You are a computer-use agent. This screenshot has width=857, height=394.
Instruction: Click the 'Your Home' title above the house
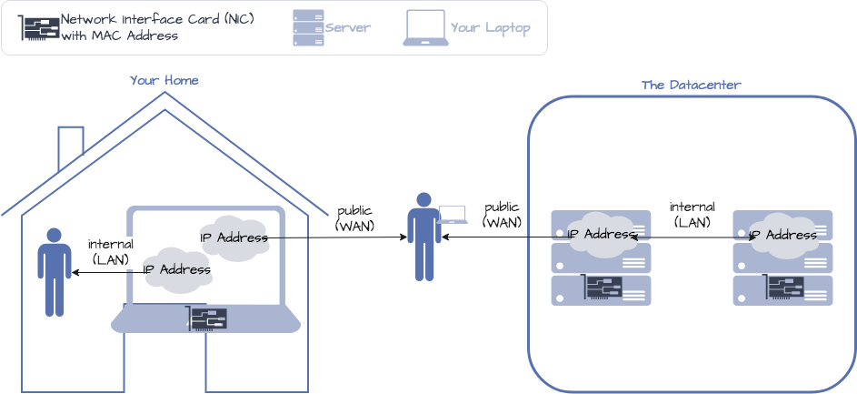click(x=164, y=80)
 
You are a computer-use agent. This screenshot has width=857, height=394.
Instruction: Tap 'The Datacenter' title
click(x=691, y=86)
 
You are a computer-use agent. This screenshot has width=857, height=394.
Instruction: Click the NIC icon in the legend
click(x=39, y=28)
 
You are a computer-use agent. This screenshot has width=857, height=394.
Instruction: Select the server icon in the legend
click(x=308, y=27)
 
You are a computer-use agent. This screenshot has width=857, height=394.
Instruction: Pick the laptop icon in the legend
click(x=425, y=28)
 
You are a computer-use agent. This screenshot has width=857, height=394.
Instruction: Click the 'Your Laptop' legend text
click(x=490, y=28)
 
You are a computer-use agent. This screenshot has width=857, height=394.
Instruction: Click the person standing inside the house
click(x=54, y=271)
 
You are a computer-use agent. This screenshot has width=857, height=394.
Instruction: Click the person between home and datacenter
click(x=424, y=237)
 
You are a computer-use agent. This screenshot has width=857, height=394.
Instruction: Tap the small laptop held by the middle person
click(x=452, y=215)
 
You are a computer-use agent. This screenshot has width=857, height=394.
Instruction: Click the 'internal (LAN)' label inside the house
click(x=111, y=251)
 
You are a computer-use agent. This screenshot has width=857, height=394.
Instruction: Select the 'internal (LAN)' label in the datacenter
click(x=692, y=214)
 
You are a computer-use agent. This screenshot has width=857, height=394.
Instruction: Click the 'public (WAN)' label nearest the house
click(x=354, y=217)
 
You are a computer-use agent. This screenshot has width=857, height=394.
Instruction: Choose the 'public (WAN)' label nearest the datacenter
click(x=502, y=215)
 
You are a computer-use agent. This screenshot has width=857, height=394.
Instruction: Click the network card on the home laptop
click(x=207, y=318)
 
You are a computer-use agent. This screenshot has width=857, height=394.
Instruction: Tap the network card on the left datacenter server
click(x=603, y=288)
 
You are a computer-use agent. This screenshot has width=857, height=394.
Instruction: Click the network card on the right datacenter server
click(x=784, y=288)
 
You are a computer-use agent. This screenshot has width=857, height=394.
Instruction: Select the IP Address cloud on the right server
click(x=782, y=234)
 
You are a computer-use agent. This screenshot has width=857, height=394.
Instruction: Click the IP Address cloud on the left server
click(x=601, y=234)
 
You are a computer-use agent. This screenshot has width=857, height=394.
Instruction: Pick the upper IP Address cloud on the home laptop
click(x=234, y=237)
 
